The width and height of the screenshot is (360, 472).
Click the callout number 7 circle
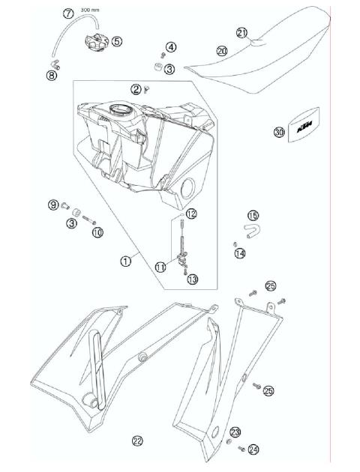tap(67, 14)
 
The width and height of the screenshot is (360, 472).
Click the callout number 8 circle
tap(52, 75)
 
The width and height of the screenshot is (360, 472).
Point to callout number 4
tap(172, 47)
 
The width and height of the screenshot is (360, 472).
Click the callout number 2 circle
tap(136, 89)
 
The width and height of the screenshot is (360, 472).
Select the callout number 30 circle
tap(279, 133)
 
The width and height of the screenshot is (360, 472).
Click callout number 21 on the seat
tap(241, 32)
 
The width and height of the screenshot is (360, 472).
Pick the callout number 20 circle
tap(222, 51)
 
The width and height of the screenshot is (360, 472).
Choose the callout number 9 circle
tap(53, 205)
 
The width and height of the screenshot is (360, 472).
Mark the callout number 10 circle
tap(97, 233)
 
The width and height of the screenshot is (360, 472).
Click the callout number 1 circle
tap(126, 261)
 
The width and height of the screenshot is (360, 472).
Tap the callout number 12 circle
tap(191, 214)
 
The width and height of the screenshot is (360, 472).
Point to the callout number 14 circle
tap(240, 253)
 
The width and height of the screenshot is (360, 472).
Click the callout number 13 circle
tap(193, 279)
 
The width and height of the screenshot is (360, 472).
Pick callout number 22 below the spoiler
tap(137, 440)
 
